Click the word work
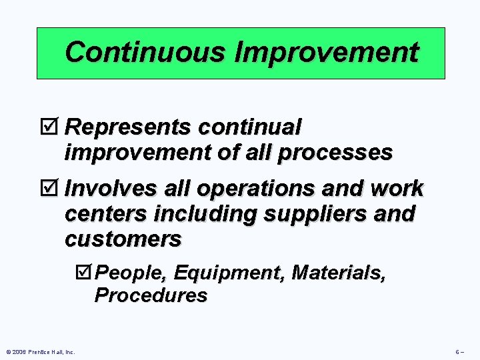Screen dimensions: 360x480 click(x=398, y=189)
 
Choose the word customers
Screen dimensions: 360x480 click(x=123, y=239)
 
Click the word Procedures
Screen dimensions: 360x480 click(x=151, y=295)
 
